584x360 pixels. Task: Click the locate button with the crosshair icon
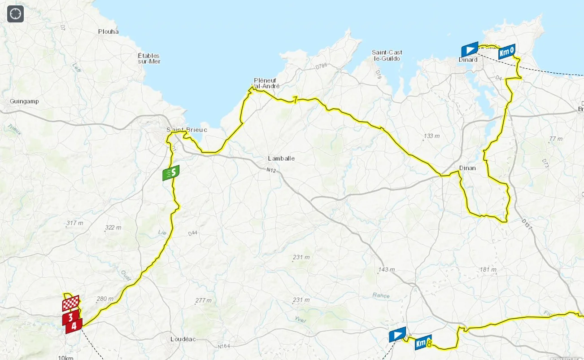[15, 14]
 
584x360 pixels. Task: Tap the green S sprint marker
[171, 173]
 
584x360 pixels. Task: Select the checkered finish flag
[70, 303]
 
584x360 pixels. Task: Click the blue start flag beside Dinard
[470, 49]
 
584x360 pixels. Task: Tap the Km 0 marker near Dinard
[506, 52]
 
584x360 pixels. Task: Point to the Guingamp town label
[24, 101]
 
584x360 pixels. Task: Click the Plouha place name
[109, 31]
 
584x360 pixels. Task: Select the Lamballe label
[281, 158]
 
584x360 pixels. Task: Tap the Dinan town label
[467, 168]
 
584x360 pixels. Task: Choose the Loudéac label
[183, 339]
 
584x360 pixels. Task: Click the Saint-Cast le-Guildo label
[387, 55]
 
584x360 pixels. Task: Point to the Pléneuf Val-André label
[266, 83]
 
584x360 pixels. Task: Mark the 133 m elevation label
[431, 136]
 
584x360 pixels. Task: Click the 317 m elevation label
[74, 223]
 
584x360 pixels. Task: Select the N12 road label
[270, 170]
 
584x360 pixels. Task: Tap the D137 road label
[527, 225]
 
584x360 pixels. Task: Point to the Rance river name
[381, 295]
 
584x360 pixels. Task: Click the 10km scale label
[65, 357]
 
